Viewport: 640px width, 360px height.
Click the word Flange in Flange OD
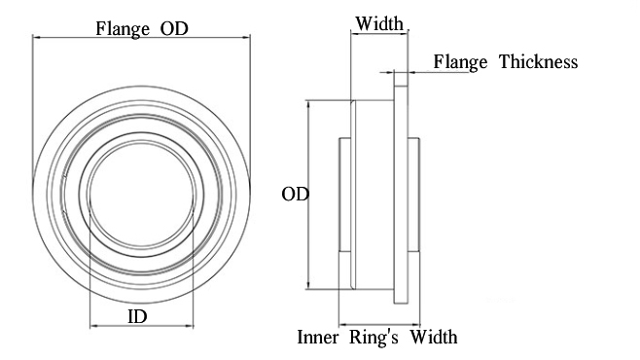click(x=123, y=29)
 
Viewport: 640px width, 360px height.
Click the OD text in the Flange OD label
click(x=174, y=28)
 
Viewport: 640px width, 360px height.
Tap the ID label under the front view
click(x=137, y=317)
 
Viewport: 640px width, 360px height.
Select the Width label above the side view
click(x=379, y=23)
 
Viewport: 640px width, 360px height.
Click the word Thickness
click(x=539, y=62)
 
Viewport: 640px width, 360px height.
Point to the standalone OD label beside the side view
click(x=295, y=195)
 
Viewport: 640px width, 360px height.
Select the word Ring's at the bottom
click(x=373, y=338)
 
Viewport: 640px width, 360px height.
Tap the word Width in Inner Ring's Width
click(x=434, y=338)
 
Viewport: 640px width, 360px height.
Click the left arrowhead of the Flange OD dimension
click(x=36, y=38)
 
